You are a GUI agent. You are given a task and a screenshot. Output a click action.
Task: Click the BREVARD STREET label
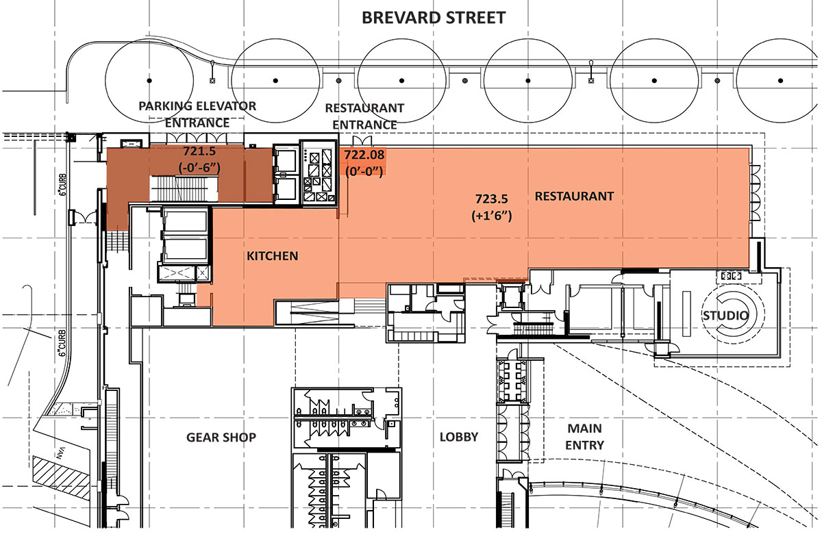point(434,18)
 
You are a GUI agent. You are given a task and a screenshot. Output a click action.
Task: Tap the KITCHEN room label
point(273,256)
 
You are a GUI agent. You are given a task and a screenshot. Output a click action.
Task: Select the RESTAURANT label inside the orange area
point(574,196)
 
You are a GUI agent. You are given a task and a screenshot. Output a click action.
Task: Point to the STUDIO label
point(725,316)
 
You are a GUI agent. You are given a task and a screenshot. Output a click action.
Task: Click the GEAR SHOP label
point(221,437)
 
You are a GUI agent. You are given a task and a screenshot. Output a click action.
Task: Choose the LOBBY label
point(459,437)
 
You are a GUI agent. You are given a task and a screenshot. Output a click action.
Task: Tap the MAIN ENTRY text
point(584,437)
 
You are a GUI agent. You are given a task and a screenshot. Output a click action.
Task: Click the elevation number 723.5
point(491,199)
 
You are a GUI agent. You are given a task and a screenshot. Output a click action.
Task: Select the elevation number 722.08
point(364,155)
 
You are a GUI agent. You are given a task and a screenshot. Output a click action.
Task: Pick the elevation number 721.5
point(199,151)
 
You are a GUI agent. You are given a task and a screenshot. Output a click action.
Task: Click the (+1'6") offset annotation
point(491,216)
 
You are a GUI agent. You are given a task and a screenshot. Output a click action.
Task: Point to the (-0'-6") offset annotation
point(199,168)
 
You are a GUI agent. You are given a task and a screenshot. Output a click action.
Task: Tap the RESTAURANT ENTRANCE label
point(364,116)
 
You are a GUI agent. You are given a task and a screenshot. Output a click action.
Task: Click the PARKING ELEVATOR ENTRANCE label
point(197,114)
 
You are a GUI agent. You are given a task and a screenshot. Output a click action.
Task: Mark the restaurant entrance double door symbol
point(362,140)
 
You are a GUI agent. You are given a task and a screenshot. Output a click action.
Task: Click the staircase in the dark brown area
point(184,188)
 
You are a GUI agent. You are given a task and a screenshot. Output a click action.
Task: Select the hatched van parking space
point(62,476)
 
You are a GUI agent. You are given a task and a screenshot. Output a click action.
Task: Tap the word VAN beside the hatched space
point(60,453)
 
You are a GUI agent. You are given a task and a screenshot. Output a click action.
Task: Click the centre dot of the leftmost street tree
point(149,80)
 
